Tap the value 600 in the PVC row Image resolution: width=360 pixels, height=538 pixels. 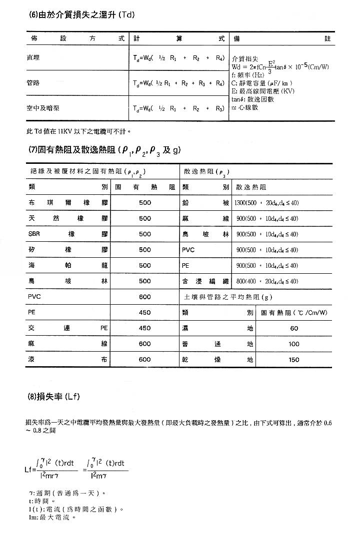tap(145, 297)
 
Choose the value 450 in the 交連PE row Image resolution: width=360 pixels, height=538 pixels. tap(145, 328)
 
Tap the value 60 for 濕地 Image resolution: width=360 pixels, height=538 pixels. tap(294, 328)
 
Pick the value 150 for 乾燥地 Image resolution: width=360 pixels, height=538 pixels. tap(294, 360)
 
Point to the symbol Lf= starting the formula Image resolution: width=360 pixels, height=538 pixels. tap(29, 470)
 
